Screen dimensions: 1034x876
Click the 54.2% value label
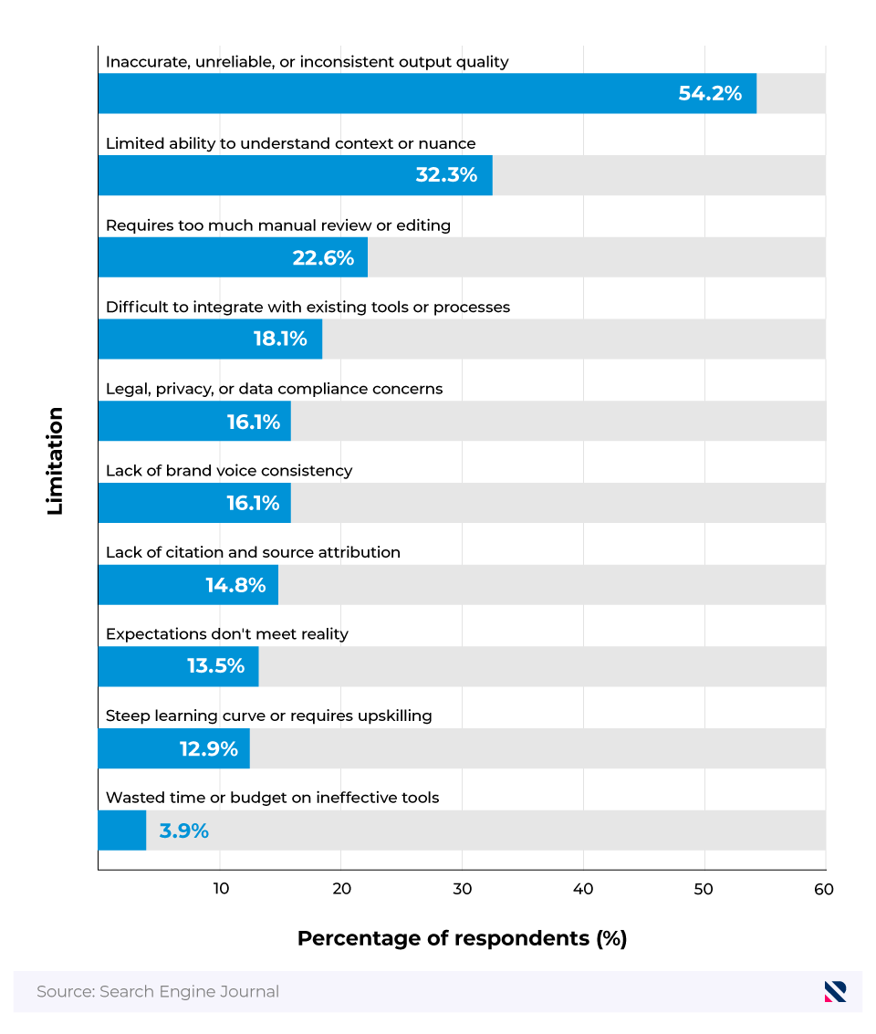[709, 93]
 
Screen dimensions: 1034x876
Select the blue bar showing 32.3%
[295, 175]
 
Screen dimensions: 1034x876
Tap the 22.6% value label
[323, 257]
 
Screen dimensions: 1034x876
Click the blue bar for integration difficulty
[210, 339]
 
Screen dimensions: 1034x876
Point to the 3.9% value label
[183, 830]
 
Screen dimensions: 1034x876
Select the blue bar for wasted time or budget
[121, 830]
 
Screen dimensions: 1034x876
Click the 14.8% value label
[235, 585]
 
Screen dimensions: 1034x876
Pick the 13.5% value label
[215, 666]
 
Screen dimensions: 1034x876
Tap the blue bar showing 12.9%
[173, 748]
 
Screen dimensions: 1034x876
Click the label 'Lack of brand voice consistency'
[228, 471]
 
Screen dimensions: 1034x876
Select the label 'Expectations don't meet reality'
[226, 634]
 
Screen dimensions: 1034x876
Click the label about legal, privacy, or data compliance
[274, 389]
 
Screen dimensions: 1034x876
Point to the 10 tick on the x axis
[220, 890]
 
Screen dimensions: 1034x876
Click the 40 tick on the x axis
[583, 890]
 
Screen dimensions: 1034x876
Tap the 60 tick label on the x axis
[824, 890]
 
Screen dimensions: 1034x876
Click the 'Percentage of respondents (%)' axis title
[462, 938]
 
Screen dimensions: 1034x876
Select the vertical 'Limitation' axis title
[56, 461]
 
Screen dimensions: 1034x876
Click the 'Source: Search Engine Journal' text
[158, 991]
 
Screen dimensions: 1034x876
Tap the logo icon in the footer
[835, 991]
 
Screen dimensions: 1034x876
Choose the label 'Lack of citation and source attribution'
[253, 552]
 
